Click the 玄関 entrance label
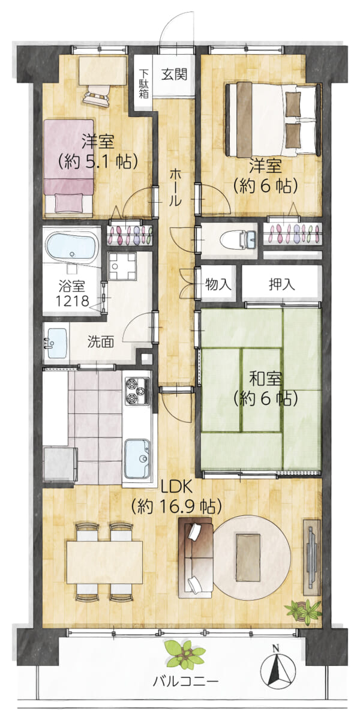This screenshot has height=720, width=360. [174, 75]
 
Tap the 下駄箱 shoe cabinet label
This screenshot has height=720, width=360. [143, 83]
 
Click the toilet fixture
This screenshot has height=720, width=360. [238, 241]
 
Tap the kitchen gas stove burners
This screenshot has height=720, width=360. [137, 391]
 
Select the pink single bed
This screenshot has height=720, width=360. [69, 166]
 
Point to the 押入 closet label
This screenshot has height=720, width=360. [281, 284]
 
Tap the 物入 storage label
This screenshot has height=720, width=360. [218, 284]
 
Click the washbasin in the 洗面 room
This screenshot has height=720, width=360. [57, 343]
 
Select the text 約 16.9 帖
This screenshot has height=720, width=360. [176, 507]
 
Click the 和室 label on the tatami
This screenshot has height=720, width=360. [265, 380]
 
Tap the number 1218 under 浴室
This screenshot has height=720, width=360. [72, 301]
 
